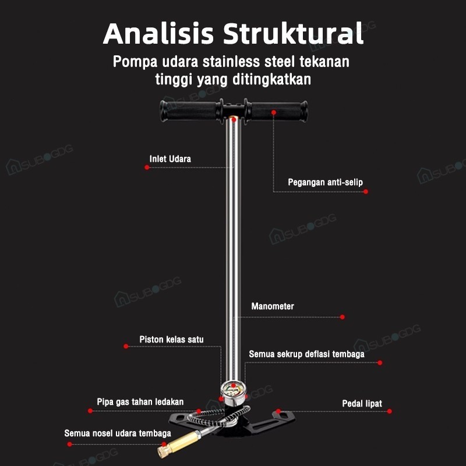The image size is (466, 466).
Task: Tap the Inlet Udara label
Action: coord(170,158)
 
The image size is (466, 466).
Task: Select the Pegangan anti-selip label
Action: coord(325,182)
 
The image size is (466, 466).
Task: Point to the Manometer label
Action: coord(273,306)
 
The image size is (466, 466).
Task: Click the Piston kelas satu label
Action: coord(171,339)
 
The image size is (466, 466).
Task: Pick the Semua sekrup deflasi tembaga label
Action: coord(306,354)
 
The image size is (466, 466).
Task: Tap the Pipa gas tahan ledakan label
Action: coord(140,402)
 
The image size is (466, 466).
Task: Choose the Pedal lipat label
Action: coord(362,403)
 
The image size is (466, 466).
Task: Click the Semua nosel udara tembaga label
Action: coord(118,433)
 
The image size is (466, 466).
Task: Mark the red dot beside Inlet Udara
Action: coord(147,167)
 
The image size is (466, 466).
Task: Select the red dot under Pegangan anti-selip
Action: coord(366,191)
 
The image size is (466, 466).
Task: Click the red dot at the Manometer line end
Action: coord(342,317)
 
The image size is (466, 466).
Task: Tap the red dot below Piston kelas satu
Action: coord(126,346)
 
